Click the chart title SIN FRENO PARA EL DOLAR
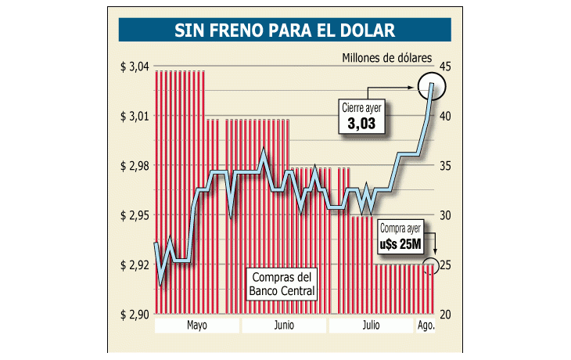click(285, 30)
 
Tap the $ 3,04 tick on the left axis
click(135, 67)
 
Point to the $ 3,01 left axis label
click(135, 116)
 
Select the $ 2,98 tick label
click(135, 166)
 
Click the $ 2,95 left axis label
click(135, 215)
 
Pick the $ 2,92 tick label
click(135, 265)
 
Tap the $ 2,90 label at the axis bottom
click(135, 315)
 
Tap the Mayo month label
click(197, 325)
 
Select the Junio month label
click(285, 325)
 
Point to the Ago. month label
click(426, 325)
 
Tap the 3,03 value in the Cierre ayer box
click(361, 123)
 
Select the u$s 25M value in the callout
click(400, 243)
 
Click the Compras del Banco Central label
click(282, 285)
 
